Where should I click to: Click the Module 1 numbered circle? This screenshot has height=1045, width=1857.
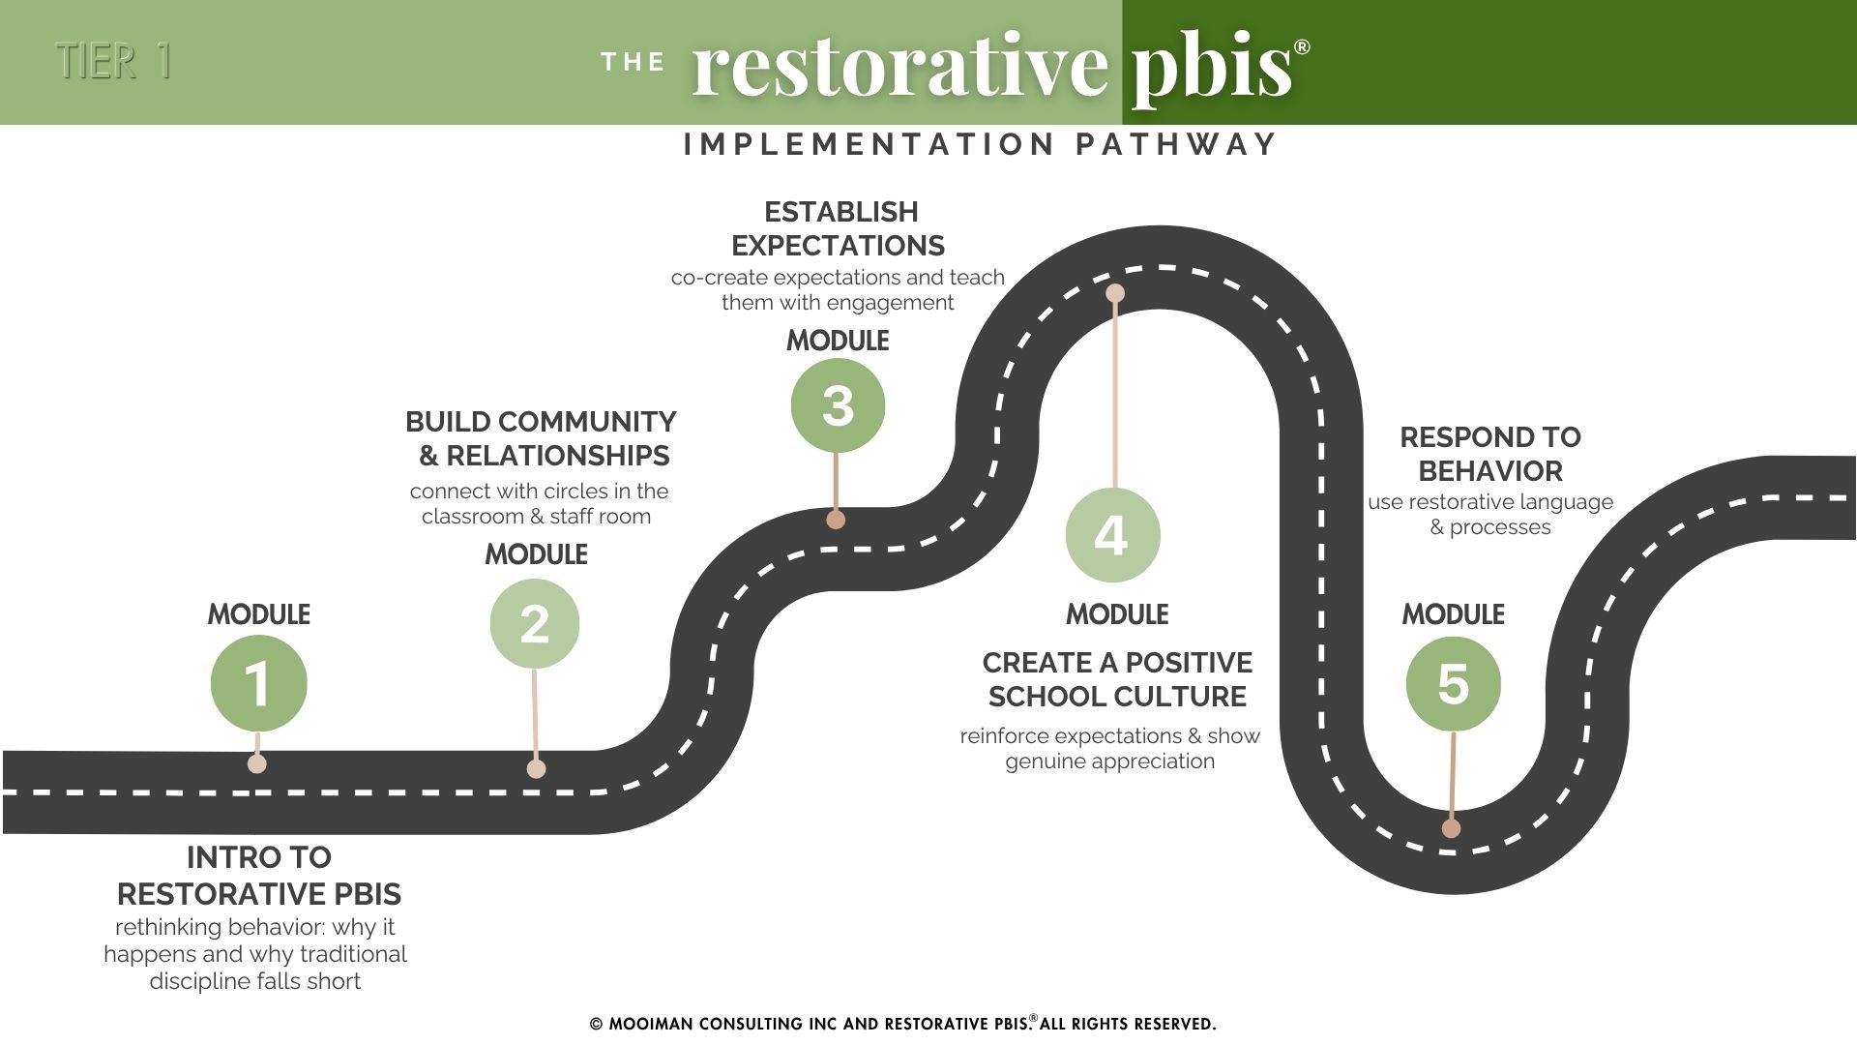tap(258, 683)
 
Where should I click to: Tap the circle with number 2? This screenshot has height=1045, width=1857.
tap(535, 623)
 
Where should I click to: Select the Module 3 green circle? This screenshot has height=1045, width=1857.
tap(838, 404)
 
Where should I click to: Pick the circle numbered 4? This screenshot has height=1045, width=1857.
tap(1112, 535)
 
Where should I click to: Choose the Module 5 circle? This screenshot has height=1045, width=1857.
tap(1453, 683)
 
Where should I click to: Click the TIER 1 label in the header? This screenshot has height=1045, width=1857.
tap(114, 61)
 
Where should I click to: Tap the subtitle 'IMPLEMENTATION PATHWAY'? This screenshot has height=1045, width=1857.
tap(981, 144)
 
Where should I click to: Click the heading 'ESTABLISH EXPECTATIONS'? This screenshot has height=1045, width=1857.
tap(840, 228)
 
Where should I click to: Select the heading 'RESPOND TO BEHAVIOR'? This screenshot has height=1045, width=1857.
tap(1490, 454)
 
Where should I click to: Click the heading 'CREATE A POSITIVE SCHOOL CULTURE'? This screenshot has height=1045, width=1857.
tap(1117, 679)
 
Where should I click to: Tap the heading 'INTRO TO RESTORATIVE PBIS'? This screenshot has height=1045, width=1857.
tap(258, 876)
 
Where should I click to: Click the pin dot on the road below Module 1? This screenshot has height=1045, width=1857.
tap(257, 763)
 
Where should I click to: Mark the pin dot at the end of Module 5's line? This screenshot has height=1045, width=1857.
tap(1451, 828)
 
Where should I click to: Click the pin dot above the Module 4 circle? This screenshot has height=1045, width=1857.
tap(1115, 292)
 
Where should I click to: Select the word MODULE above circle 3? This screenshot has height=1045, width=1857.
tap(838, 341)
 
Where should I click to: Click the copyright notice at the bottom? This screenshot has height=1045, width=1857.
tap(903, 1024)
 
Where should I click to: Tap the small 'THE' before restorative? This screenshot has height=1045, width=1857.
tap(634, 63)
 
